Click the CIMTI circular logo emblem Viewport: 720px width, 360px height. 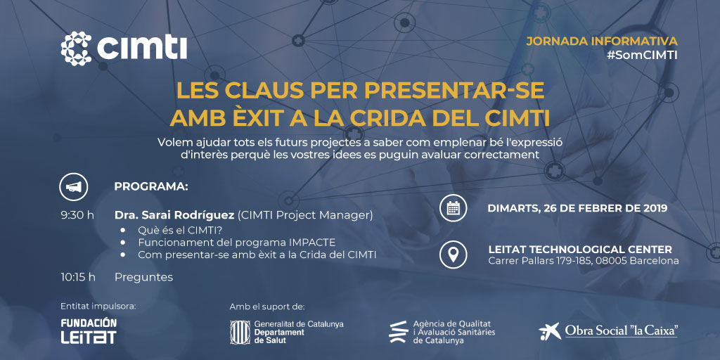pos(76,49)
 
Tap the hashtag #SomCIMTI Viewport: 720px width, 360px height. pos(642,56)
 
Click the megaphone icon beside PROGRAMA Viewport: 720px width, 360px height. pos(73,186)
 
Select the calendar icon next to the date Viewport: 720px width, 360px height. pos(454,208)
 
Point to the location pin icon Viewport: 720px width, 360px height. pos(454,255)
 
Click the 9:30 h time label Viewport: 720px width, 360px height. pos(77,215)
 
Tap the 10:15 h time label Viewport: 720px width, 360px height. pos(78,277)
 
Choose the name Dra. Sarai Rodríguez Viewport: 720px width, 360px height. pos(174,215)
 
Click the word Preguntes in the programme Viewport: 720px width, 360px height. pos(143,277)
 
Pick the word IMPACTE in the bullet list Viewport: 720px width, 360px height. pos(314,243)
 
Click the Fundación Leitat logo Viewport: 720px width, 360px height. pos(89,330)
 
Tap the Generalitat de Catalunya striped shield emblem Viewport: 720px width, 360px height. pos(240,332)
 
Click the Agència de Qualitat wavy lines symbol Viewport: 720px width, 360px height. pos(398,332)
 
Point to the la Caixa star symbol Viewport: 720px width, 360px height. pos(550,330)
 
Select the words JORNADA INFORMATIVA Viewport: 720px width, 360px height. pos(602,41)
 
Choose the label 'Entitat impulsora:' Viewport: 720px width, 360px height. pos(98,307)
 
